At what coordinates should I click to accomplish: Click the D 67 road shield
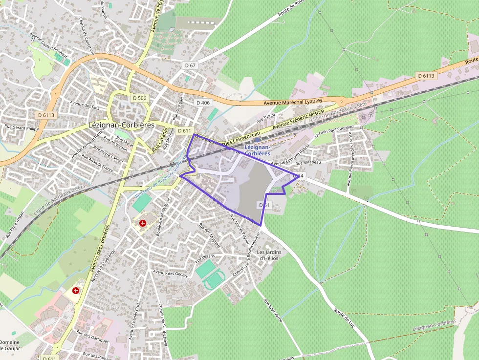190,65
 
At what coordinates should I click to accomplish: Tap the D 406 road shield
203,103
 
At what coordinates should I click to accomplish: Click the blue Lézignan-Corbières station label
257,150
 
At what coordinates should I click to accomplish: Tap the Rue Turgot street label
266,117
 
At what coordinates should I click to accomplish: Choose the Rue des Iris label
205,257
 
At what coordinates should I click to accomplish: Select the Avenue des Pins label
85,104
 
